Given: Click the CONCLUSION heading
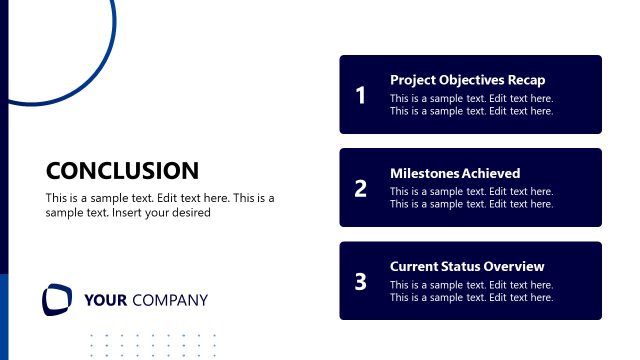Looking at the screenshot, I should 122,171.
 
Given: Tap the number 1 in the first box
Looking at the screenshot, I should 360,96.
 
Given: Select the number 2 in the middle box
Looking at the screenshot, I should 360,188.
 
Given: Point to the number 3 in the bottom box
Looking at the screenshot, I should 360,282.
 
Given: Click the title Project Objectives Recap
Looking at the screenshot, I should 467,80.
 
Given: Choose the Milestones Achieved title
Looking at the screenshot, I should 455,173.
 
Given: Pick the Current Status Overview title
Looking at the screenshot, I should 467,266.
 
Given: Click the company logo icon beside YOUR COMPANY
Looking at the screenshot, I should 57,299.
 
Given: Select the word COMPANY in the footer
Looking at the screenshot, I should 170,300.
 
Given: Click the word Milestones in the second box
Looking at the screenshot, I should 423,173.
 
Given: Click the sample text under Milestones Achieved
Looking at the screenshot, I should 471,198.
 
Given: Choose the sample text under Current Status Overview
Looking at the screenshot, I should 471,291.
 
